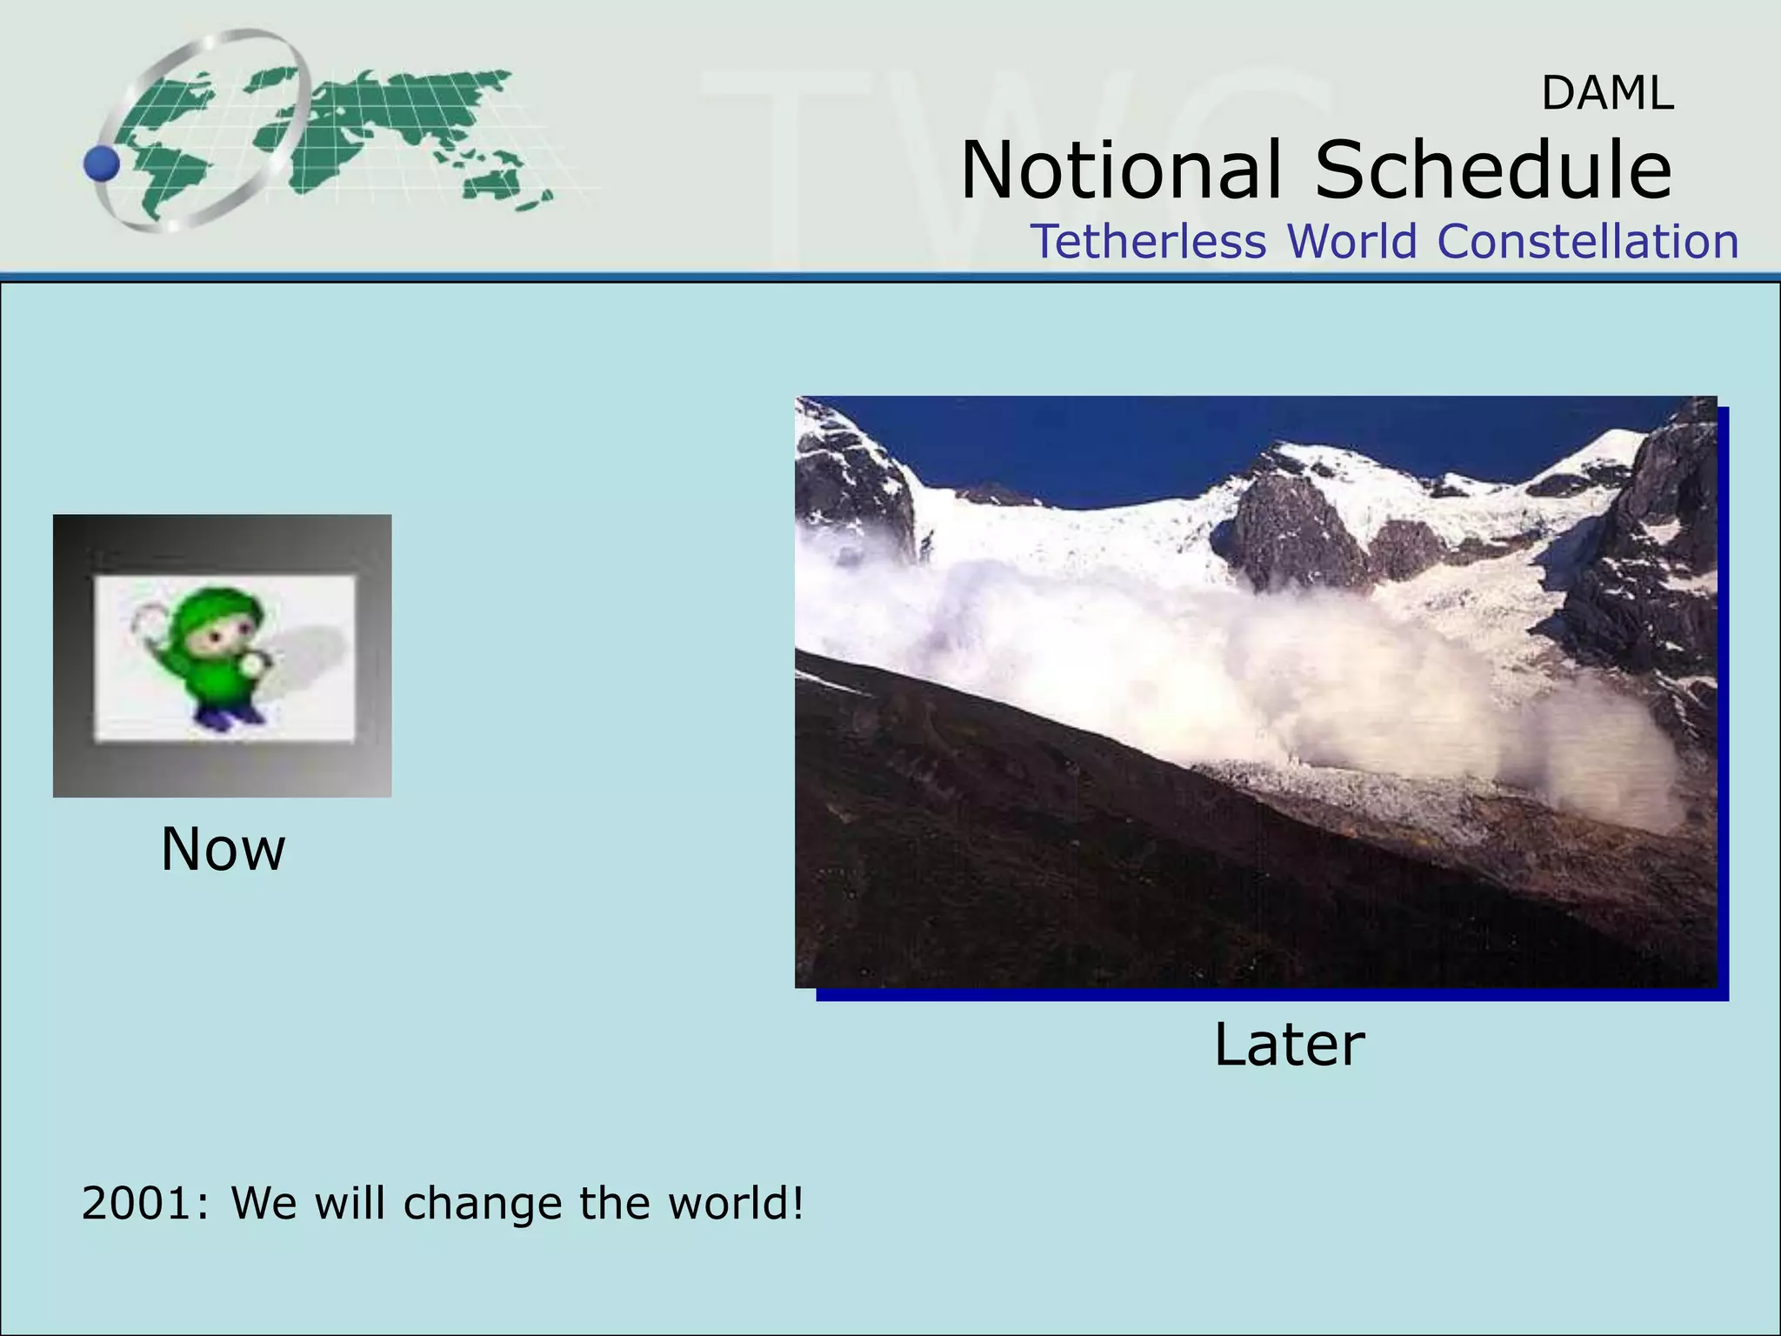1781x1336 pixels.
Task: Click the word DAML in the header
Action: (x=1607, y=94)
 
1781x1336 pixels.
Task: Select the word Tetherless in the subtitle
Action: (x=1148, y=241)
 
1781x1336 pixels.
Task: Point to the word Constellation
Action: (x=1587, y=241)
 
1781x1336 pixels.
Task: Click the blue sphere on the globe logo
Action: (x=103, y=164)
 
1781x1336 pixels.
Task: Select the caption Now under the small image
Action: (x=223, y=849)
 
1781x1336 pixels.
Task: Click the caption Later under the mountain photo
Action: (x=1288, y=1045)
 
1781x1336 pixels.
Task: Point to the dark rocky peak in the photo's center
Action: (x=1287, y=531)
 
